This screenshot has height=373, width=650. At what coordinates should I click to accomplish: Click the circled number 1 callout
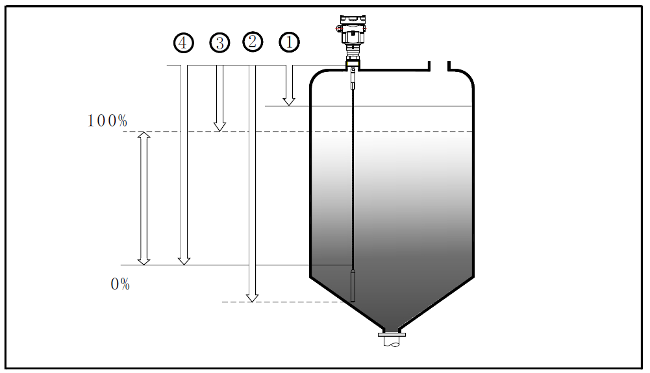pyautogui.click(x=289, y=43)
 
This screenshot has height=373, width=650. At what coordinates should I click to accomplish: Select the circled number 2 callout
pyautogui.click(x=253, y=42)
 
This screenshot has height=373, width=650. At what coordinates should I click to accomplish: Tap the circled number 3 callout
pyautogui.click(x=219, y=43)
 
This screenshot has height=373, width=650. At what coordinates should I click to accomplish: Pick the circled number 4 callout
pyautogui.click(x=184, y=43)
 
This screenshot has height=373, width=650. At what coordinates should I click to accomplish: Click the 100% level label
pyautogui.click(x=107, y=121)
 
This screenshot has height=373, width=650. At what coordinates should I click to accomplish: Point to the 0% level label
pyautogui.click(x=120, y=284)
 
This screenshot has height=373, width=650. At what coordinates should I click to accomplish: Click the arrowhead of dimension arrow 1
pyautogui.click(x=289, y=101)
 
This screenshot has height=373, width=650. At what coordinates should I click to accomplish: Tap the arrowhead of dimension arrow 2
pyautogui.click(x=252, y=297)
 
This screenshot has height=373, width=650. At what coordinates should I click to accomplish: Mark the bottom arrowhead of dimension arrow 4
pyautogui.click(x=184, y=259)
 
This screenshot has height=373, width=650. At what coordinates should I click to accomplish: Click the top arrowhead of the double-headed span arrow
pyautogui.click(x=144, y=137)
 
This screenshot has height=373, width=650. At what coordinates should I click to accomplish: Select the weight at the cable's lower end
pyautogui.click(x=353, y=286)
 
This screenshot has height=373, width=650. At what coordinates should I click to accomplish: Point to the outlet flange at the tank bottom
pyautogui.click(x=392, y=335)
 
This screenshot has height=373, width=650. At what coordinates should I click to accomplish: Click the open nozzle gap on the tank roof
pyautogui.click(x=438, y=66)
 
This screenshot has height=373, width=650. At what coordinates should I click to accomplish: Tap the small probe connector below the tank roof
pyautogui.click(x=353, y=82)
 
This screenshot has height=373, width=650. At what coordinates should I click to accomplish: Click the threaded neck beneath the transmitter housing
pyautogui.click(x=352, y=51)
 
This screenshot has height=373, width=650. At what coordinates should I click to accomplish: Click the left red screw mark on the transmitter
pyautogui.click(x=338, y=29)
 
